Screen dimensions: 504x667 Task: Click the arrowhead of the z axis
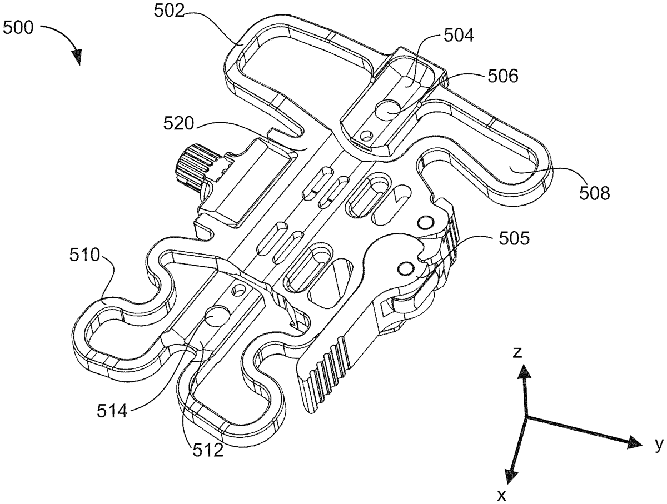point(523,375)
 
